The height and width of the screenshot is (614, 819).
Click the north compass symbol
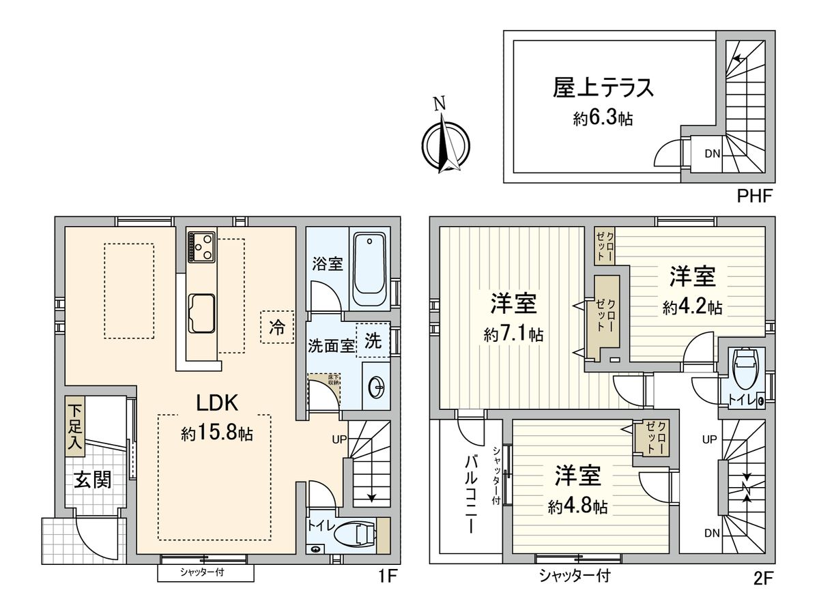[445, 143]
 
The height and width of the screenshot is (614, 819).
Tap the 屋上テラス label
[604, 89]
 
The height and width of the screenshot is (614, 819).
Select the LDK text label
[217, 403]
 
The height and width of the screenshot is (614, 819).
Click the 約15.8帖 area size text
[217, 433]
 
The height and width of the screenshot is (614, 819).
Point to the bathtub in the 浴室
[371, 269]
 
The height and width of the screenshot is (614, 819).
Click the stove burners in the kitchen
[203, 246]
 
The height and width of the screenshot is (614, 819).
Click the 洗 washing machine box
[373, 340]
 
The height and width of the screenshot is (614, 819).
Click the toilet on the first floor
[358, 534]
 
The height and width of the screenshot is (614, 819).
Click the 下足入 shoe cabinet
[74, 427]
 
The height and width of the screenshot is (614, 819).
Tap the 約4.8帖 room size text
[577, 506]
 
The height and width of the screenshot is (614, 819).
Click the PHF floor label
[753, 197]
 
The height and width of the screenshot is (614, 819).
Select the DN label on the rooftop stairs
[712, 153]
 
